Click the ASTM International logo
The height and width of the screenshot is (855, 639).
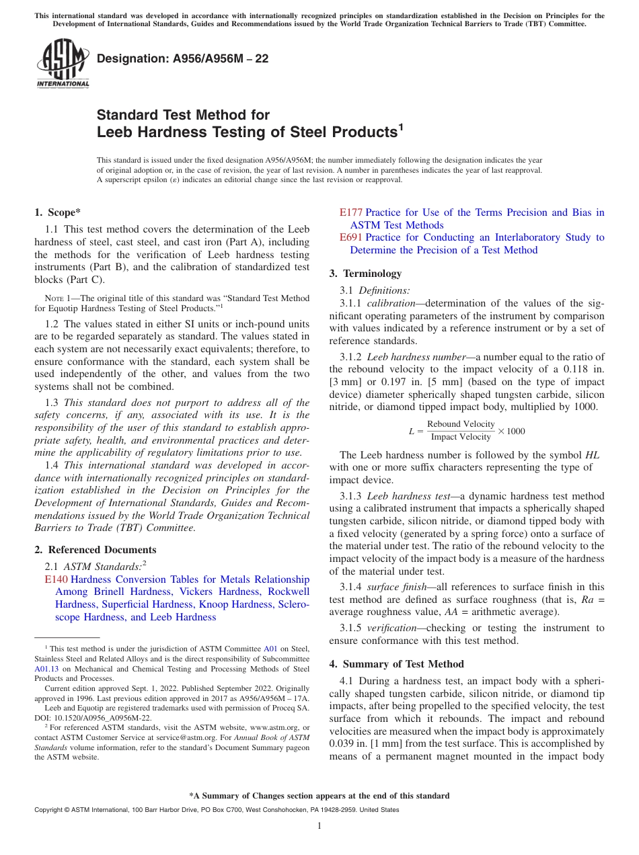[x=63, y=63]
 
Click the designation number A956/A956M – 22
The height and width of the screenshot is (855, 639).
[x=183, y=58]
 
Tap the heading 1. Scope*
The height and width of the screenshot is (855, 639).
[x=58, y=212]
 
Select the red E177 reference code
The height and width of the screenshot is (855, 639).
[x=350, y=212]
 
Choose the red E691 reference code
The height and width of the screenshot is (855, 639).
[x=350, y=237]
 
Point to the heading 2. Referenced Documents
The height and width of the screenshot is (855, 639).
[x=95, y=550]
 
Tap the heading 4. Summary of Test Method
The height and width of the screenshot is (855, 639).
[x=396, y=664]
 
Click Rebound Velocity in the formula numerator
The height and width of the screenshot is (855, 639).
[x=461, y=424]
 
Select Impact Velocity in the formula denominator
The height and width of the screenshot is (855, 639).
[x=461, y=437]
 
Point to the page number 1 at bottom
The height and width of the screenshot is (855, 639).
[x=319, y=826]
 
